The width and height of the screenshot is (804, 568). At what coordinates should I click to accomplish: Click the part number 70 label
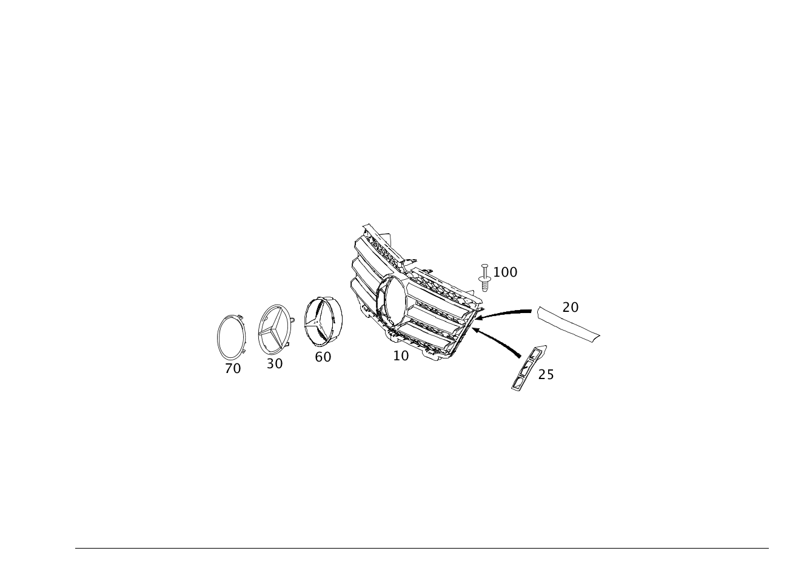click(233, 368)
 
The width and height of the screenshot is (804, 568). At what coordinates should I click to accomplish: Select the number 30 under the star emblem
click(275, 363)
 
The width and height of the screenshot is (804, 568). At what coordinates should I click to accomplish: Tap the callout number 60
click(323, 357)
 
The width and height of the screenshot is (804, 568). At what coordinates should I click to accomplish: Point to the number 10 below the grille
click(401, 355)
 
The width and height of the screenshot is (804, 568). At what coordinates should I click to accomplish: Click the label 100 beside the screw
click(505, 272)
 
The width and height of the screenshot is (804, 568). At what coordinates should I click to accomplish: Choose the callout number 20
click(571, 307)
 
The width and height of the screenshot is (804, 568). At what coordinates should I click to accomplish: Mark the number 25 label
click(546, 375)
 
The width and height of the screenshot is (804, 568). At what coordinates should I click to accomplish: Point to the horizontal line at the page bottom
click(421, 548)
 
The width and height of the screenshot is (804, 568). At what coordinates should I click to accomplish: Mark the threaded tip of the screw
click(484, 288)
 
